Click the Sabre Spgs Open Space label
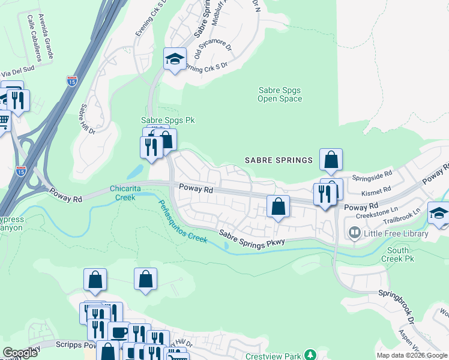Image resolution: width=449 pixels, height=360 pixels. (279, 94)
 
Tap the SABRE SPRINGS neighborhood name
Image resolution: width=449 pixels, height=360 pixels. (279, 160)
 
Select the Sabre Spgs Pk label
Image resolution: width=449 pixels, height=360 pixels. (167, 120)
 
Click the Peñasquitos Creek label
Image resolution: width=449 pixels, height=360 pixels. (183, 221)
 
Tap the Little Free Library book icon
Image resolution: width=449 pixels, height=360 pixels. (354, 233)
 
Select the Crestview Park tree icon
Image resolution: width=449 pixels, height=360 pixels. (310, 356)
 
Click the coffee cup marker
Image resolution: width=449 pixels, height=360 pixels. (118, 331)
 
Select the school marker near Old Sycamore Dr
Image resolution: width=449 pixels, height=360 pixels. (175, 59)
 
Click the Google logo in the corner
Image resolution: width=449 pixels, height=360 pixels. (20, 353)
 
